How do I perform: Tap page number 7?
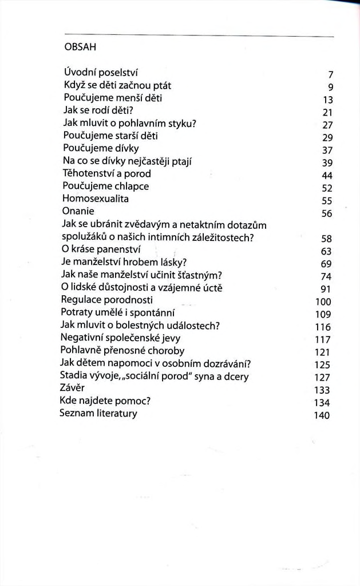click(331, 74)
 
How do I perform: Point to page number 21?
click(328, 112)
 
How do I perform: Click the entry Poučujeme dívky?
click(93, 149)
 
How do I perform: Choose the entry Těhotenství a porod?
click(106, 173)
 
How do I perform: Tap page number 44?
click(327, 175)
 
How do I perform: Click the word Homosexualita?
click(96, 199)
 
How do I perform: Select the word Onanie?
click(78, 211)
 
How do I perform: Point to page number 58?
click(327, 239)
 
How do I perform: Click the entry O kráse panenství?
click(101, 250)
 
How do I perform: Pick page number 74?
click(327, 276)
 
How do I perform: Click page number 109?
click(323, 314)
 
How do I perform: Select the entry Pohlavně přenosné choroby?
click(122, 350)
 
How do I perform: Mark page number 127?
click(323, 378)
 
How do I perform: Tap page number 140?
click(322, 415)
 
